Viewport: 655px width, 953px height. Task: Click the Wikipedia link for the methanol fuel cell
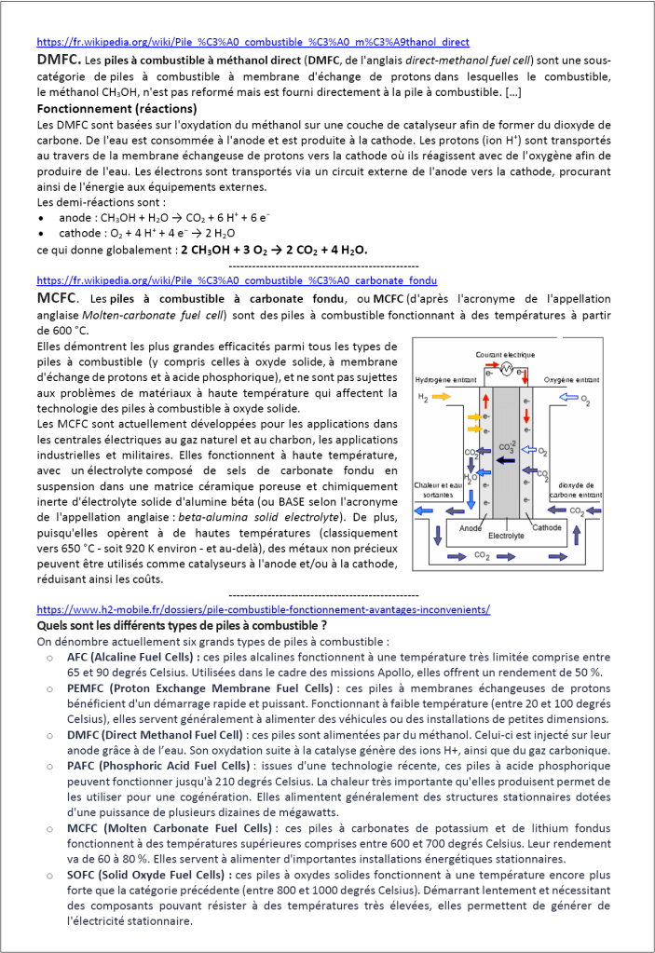[252, 42]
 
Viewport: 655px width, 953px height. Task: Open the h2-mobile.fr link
[264, 610]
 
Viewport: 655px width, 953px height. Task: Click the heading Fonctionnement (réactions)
[109, 109]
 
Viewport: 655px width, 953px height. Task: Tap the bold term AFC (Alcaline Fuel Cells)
[135, 656]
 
